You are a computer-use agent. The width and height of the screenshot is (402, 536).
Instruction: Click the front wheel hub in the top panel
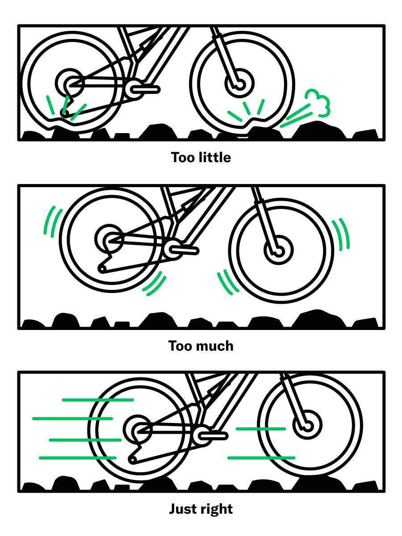[239, 84]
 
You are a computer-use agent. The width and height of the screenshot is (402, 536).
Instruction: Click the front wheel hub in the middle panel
[278, 250]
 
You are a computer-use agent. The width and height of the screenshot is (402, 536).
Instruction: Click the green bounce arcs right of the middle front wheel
[343, 234]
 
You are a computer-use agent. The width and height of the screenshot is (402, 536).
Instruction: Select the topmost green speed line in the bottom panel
[98, 400]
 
